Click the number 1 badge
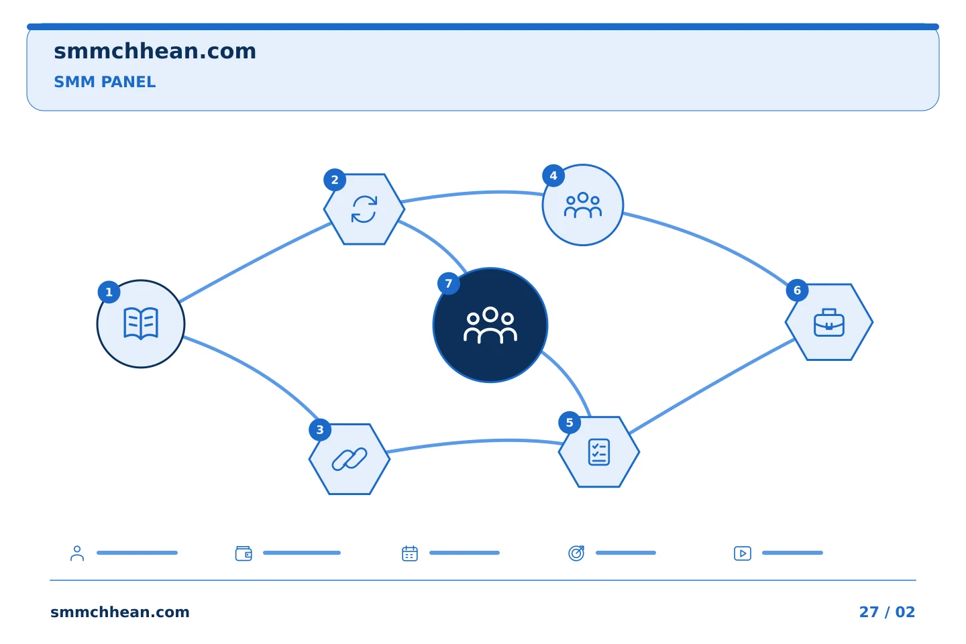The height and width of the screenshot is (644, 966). pos(109,292)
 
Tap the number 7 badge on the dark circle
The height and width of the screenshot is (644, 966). pos(449,283)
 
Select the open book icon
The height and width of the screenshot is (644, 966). pos(141,323)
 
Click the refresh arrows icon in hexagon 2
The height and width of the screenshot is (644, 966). pos(364,209)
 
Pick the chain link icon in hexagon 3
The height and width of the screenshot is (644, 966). pos(350,459)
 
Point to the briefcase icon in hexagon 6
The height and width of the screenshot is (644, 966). pos(829,322)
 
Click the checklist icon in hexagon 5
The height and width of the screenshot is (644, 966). pos(599,452)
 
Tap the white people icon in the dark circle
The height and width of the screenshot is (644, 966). pos(490,325)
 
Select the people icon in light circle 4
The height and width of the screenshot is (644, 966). pos(582,205)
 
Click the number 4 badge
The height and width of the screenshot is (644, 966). pos(553,176)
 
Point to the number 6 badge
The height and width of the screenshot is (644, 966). pos(797,290)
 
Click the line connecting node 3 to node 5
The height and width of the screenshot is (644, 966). pos(474,441)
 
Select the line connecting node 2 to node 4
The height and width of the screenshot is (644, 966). pos(473,193)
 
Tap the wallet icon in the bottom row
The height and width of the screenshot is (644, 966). pos(244,553)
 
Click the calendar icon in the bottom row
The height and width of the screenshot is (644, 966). pos(410,553)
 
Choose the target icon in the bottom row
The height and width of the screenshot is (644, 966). pos(576,553)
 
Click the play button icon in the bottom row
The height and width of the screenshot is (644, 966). pos(743,553)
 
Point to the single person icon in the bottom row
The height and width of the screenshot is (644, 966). pos(77,553)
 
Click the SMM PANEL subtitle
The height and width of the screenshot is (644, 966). pos(105,82)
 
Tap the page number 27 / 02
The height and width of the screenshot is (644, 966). pos(887,612)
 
